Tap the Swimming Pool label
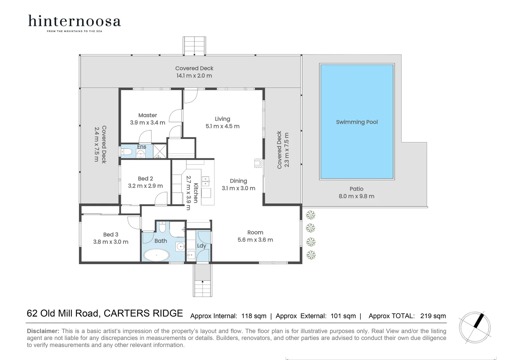357,122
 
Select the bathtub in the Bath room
156,255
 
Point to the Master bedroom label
148,115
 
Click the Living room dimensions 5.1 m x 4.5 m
222,126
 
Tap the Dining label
239,181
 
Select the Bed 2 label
145,179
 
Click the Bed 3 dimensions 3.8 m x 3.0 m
111,242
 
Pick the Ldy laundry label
202,246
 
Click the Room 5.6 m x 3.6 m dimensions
255,240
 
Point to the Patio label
356,189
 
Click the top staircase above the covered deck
194,46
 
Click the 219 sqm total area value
433,316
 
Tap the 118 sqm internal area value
254,316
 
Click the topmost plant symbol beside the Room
311,214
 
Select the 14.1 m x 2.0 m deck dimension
194,76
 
